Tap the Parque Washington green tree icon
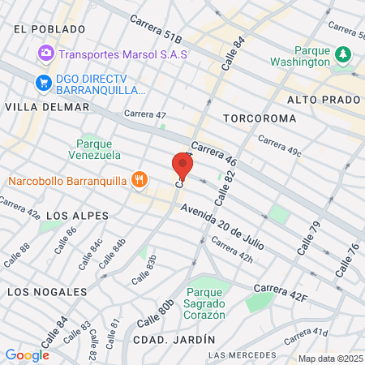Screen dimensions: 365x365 pyautogui.click(x=344, y=54)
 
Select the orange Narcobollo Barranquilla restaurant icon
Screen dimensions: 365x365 pyautogui.click(x=140, y=179)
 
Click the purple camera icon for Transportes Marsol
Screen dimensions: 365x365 pyautogui.click(x=45, y=54)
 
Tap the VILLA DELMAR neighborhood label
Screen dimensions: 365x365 pyautogui.click(x=47, y=107)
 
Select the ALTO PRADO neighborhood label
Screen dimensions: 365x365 pyautogui.click(x=323, y=100)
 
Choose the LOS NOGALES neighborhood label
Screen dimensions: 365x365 pyautogui.click(x=47, y=290)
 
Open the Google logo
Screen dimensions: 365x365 pyautogui.click(x=27, y=354)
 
